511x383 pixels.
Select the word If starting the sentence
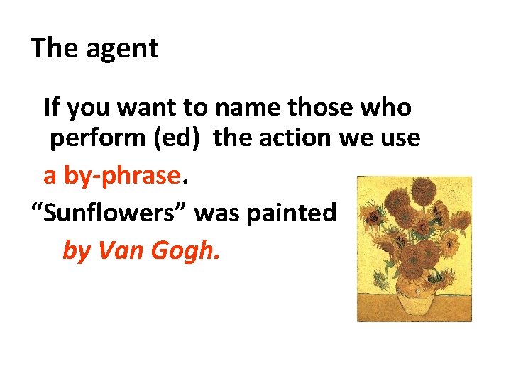[52, 107]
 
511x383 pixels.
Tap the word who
[385, 107]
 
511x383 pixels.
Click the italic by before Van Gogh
[76, 250]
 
